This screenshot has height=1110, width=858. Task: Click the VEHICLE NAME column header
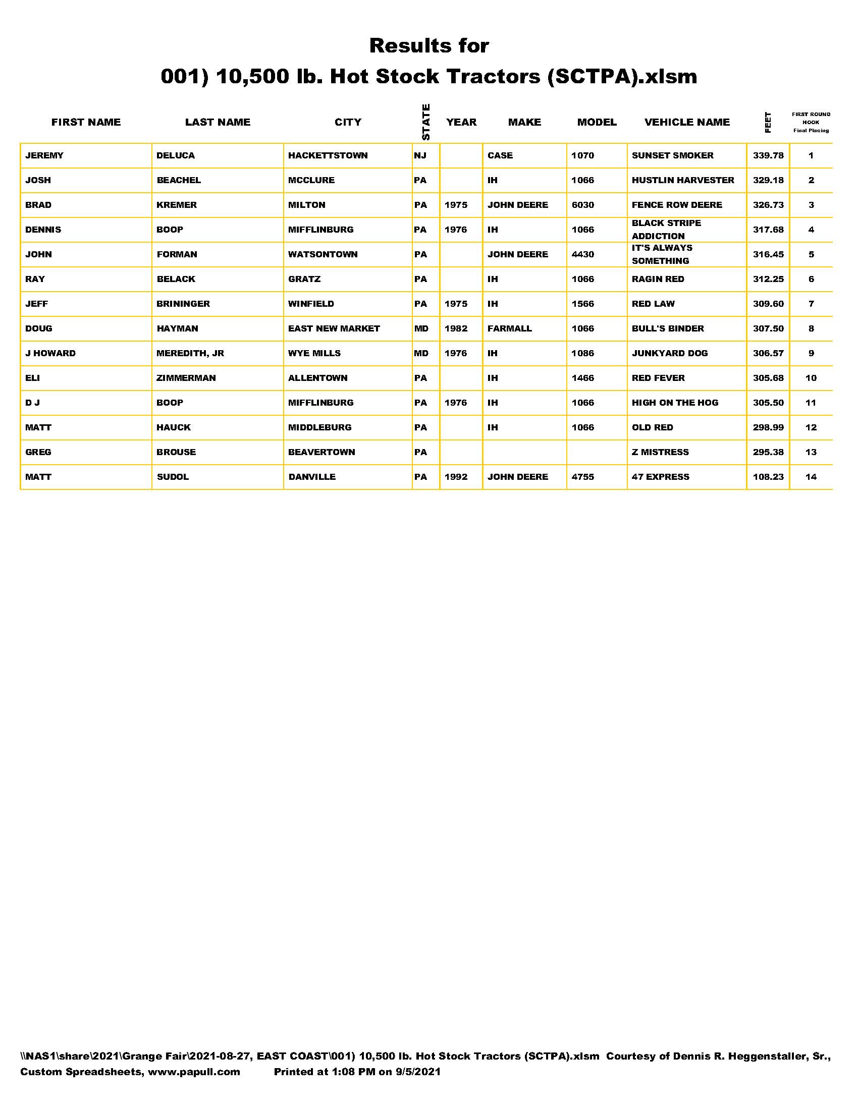pyautogui.click(x=687, y=122)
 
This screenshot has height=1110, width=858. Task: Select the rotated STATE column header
pyautogui.click(x=426, y=122)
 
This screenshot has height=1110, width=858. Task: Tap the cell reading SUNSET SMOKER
pyautogui.click(x=672, y=155)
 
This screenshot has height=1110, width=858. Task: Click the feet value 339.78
pyautogui.click(x=768, y=155)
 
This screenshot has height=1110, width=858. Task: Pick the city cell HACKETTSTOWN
pyautogui.click(x=328, y=155)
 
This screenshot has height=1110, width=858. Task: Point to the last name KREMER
pyautogui.click(x=176, y=205)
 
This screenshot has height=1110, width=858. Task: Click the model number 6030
pyautogui.click(x=582, y=205)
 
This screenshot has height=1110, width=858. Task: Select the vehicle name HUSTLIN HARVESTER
pyautogui.click(x=683, y=180)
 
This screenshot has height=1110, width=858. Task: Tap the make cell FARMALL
pyautogui.click(x=509, y=328)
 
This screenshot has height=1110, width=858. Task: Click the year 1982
pyautogui.click(x=455, y=328)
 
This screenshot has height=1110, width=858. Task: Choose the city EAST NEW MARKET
pyautogui.click(x=334, y=328)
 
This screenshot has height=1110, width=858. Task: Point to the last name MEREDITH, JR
pyautogui.click(x=190, y=353)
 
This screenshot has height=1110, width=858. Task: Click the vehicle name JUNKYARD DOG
pyautogui.click(x=669, y=353)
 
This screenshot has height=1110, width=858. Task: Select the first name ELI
pyautogui.click(x=32, y=378)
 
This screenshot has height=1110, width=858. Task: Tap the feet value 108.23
pyautogui.click(x=768, y=477)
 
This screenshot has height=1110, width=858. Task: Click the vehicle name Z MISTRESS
pyautogui.click(x=660, y=452)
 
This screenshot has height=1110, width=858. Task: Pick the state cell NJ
pyautogui.click(x=420, y=155)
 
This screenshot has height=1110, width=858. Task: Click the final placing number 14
pyautogui.click(x=811, y=477)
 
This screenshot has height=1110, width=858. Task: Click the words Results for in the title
pyautogui.click(x=429, y=46)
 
